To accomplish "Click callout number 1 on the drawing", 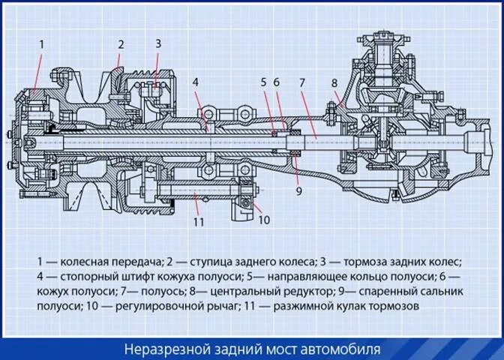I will pyautogui.click(x=41, y=44).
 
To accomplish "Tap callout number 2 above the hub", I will pyautogui.click(x=119, y=44).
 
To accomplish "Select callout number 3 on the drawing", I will pyautogui.click(x=158, y=44).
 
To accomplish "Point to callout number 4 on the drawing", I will pyautogui.click(x=194, y=82).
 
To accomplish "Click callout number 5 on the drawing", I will pyautogui.click(x=263, y=82).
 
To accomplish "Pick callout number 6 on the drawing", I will pyautogui.click(x=276, y=82).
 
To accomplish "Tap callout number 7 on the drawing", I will pyautogui.click(x=303, y=82).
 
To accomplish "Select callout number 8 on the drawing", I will pyautogui.click(x=334, y=82).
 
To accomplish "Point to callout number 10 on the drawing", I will pyautogui.click(x=263, y=220).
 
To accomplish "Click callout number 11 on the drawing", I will pyautogui.click(x=198, y=221).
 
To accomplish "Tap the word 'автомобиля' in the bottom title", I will pyautogui.click(x=343, y=349).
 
